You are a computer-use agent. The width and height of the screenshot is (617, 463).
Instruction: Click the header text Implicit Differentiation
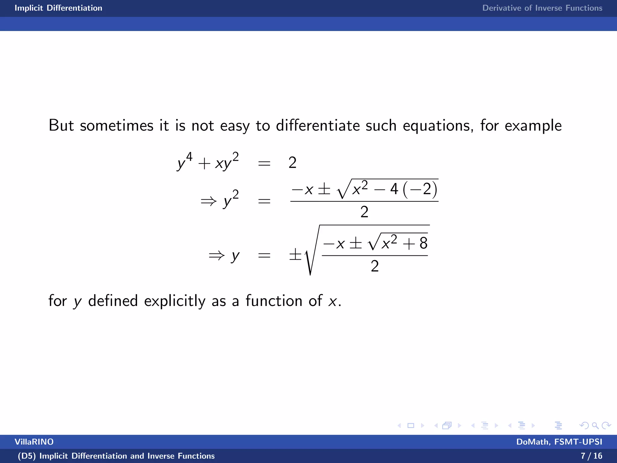tap(58, 8)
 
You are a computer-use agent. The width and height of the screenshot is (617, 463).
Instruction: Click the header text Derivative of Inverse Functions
tap(542, 8)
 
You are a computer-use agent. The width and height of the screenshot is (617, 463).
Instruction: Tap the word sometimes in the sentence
tap(117, 125)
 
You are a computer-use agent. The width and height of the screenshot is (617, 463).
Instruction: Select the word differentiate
tap(318, 125)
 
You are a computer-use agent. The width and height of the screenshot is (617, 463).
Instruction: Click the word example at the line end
tap(533, 126)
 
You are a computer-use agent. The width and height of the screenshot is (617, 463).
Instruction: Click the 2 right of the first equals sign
tap(293, 163)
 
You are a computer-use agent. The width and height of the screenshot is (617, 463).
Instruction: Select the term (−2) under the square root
tap(420, 190)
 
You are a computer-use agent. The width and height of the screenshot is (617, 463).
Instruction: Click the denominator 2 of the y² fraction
tap(364, 212)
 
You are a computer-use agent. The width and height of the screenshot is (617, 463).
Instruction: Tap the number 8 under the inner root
tap(423, 243)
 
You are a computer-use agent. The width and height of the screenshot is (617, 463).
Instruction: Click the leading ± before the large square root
tap(295, 255)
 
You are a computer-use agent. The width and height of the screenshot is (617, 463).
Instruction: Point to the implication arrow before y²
tap(208, 201)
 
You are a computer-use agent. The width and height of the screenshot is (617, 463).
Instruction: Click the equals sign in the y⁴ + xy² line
tap(264, 164)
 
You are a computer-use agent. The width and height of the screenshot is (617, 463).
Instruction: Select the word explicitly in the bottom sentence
tap(175, 301)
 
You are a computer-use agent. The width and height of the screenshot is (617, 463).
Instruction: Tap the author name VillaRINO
tap(34, 442)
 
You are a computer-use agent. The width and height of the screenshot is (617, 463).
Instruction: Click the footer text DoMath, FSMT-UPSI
tap(559, 442)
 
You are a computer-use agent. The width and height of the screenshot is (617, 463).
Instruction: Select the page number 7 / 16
tap(591, 456)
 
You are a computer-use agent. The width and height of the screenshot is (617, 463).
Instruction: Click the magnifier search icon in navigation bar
tap(595, 426)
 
